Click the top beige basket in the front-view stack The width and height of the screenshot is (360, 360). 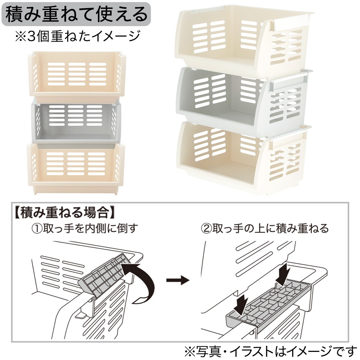[77, 76]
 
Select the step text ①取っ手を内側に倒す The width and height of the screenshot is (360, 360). [85, 229]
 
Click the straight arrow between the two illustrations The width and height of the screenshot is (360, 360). [178, 280]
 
